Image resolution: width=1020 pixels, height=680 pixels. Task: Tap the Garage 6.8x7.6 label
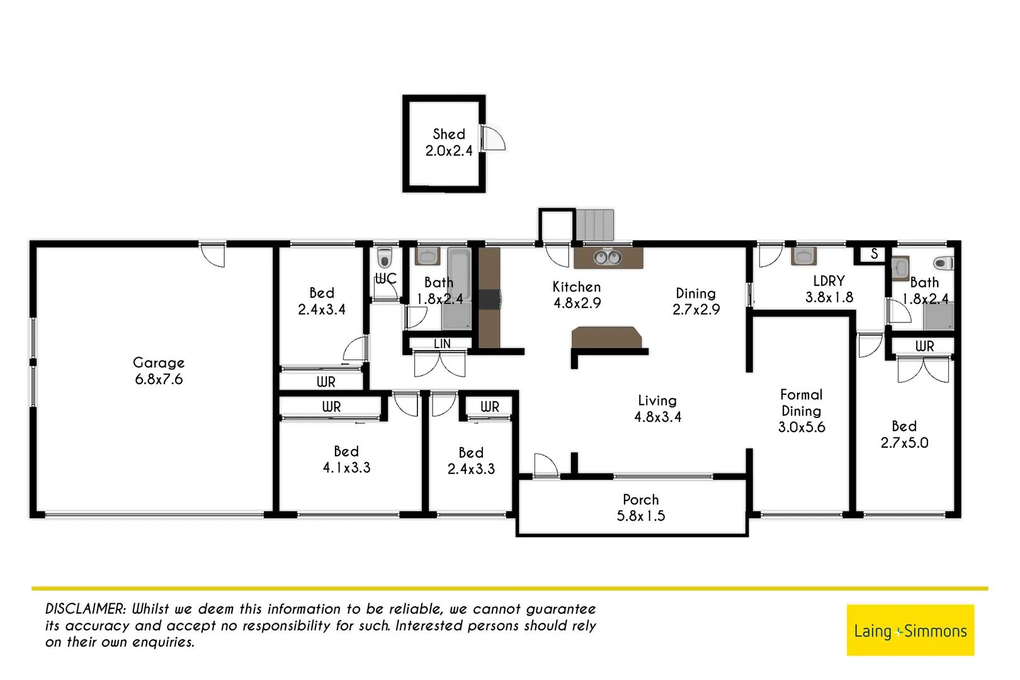click(159, 371)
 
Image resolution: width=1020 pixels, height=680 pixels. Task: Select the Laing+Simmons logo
click(910, 630)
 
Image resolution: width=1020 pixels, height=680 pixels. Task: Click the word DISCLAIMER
click(86, 609)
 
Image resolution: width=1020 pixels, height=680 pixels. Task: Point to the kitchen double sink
click(608, 257)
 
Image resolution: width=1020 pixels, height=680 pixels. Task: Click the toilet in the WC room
click(384, 258)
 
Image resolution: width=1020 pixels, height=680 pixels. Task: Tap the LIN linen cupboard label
click(442, 344)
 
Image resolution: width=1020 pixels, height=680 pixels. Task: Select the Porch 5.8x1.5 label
click(640, 507)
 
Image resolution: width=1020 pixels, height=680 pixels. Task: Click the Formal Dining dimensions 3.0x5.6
click(801, 427)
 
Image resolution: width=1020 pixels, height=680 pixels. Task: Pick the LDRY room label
click(829, 281)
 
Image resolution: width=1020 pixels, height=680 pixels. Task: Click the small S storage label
click(874, 254)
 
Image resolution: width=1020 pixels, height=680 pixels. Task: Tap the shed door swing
click(494, 139)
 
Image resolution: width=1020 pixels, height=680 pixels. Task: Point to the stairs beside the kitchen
click(594, 225)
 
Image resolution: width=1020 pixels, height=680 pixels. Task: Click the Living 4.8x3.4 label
click(657, 409)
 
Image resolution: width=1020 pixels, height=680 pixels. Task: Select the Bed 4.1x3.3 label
click(346, 460)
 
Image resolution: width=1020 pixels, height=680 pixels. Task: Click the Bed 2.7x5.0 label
click(904, 434)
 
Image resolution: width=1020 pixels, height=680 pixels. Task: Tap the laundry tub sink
click(804, 256)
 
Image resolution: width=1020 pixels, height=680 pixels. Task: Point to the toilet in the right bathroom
click(943, 263)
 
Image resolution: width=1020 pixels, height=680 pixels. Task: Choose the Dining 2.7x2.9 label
click(696, 301)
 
